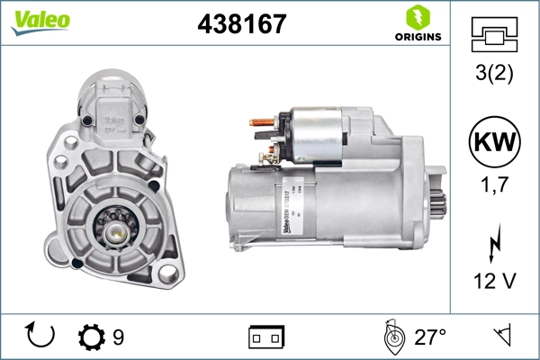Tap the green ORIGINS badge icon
click(418, 17)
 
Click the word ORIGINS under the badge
click(418, 37)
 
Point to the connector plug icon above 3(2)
click(494, 35)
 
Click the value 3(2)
click(494, 74)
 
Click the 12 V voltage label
click(494, 281)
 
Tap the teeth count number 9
click(119, 337)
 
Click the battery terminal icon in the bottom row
click(265, 337)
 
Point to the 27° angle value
click(430, 337)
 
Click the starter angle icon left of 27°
click(391, 337)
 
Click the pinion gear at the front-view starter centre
click(118, 229)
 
